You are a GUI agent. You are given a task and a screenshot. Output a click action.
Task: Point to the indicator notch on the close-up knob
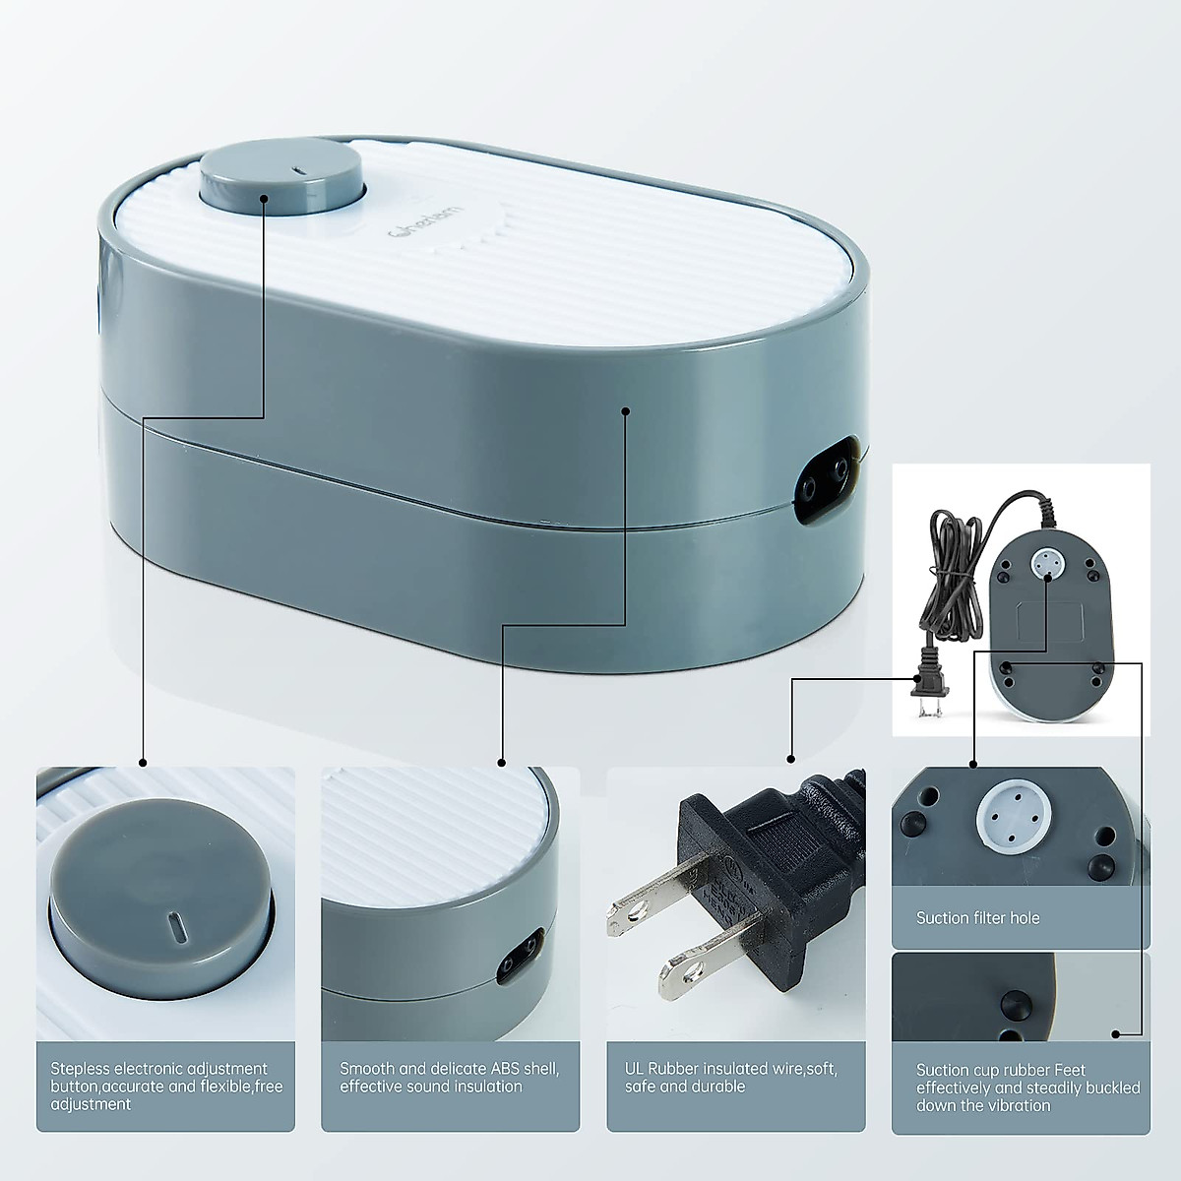pos(175,927)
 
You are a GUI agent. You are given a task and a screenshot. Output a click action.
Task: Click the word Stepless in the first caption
pos(80,1068)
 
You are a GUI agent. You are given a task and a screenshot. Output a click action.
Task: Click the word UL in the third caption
pos(636,1068)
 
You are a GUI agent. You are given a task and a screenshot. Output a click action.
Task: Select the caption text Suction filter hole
pos(977,917)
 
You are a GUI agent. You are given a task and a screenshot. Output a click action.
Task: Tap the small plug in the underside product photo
pos(927,683)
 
